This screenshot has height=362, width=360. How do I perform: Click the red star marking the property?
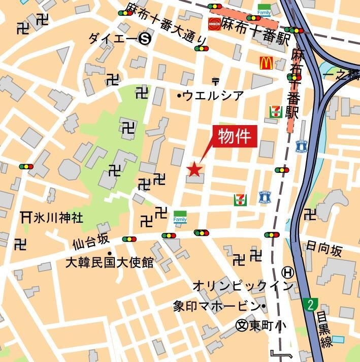click(x=194, y=169)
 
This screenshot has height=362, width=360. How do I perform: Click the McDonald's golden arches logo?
click(x=266, y=63)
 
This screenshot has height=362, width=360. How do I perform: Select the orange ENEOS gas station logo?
click(x=214, y=24)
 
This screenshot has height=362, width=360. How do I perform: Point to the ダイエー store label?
click(x=113, y=38)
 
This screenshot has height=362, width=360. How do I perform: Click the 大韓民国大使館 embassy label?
click(x=109, y=263)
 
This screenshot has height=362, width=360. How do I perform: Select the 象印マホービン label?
click(x=217, y=306)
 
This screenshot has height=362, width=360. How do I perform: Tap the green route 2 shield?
click(x=310, y=305)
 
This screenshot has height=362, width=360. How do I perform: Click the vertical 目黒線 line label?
click(x=324, y=330)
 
